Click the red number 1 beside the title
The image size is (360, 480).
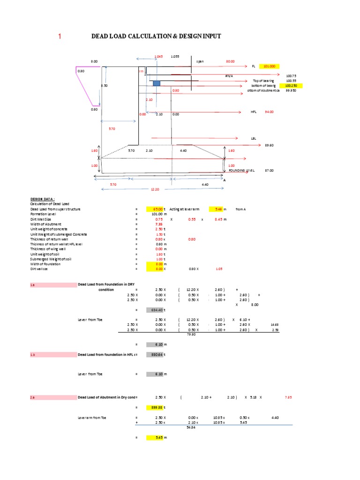[60, 37]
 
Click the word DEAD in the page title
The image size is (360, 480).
[101, 37]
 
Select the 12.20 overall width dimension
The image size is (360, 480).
[155, 189]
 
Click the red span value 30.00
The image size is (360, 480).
[230, 61]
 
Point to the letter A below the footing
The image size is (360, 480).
[225, 180]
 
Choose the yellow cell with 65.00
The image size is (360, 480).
[154, 209]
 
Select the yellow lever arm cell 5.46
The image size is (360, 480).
[218, 209]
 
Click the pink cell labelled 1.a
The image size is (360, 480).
[51, 285]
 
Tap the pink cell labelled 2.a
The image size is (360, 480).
[51, 397]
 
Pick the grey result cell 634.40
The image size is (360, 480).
[154, 310]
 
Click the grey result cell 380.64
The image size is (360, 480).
[154, 355]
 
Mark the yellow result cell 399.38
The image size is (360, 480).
[154, 408]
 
